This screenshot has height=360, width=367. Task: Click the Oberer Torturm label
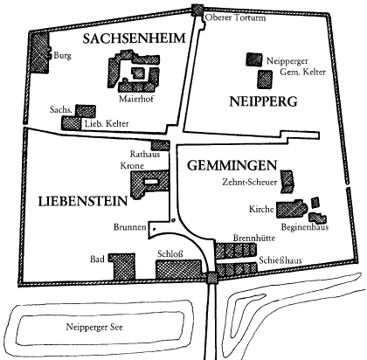pos(236,17)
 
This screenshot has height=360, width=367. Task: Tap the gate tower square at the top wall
pos(197,10)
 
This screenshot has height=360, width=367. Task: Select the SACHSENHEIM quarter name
pos(134,38)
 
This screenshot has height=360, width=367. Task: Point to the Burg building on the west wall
pos(39,52)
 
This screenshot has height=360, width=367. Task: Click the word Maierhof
pos(136,99)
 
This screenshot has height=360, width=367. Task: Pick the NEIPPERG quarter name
pos(263,101)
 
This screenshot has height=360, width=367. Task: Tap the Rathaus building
pos(160,145)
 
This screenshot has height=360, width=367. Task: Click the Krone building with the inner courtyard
pos(149,184)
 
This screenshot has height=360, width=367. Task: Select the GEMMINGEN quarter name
pos(232,165)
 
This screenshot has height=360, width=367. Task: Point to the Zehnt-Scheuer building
pos(287,182)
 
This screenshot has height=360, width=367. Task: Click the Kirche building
pos(292,209)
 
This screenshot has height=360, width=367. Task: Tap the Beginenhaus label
pos(305,227)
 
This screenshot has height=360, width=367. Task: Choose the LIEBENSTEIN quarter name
pos(83,201)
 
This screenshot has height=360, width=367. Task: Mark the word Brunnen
pos(130,227)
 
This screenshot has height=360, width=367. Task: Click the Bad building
pos(122,267)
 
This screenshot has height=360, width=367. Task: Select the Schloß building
pos(178,269)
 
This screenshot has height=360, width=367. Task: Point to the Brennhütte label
pos(254,238)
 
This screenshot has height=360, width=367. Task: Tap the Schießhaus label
pos(280,260)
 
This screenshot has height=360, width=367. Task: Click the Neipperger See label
pos(94,327)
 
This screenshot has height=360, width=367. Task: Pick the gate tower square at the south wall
pos(211,278)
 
